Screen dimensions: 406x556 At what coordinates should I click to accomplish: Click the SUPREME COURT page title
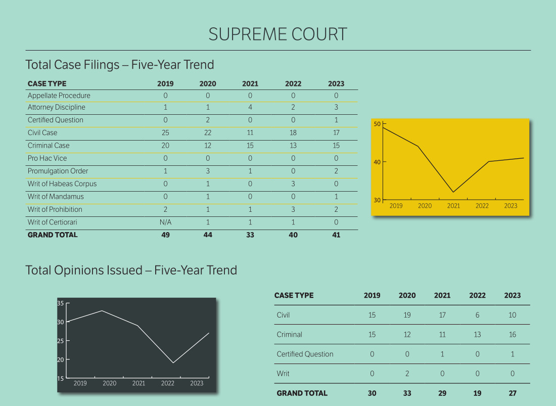277,34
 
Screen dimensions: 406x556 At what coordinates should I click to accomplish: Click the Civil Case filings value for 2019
165,133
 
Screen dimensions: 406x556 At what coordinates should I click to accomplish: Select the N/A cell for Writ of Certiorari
165,222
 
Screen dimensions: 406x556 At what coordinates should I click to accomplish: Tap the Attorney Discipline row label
57,107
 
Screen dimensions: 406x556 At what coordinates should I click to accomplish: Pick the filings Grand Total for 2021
250,235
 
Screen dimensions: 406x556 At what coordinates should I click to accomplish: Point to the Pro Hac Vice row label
48,158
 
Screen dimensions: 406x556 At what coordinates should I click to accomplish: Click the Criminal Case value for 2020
208,146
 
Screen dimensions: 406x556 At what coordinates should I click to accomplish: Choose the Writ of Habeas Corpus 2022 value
293,184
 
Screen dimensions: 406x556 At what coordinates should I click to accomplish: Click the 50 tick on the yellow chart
377,124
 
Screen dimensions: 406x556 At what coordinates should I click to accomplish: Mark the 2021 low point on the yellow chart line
453,192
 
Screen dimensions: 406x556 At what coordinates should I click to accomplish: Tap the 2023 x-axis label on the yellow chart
511,206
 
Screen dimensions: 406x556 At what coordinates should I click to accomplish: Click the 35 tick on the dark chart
61,303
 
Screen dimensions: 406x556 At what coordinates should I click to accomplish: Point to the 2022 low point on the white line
173,363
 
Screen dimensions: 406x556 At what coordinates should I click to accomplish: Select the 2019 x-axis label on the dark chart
80,383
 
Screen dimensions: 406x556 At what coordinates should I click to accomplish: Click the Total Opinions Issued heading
131,270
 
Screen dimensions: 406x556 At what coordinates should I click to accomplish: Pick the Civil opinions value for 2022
477,315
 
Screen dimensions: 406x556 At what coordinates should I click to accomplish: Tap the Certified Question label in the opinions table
305,354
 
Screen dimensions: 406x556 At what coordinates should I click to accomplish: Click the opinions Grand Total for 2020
407,393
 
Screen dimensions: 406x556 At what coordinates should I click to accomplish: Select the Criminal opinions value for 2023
513,335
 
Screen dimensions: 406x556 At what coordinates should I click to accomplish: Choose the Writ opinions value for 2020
407,374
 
